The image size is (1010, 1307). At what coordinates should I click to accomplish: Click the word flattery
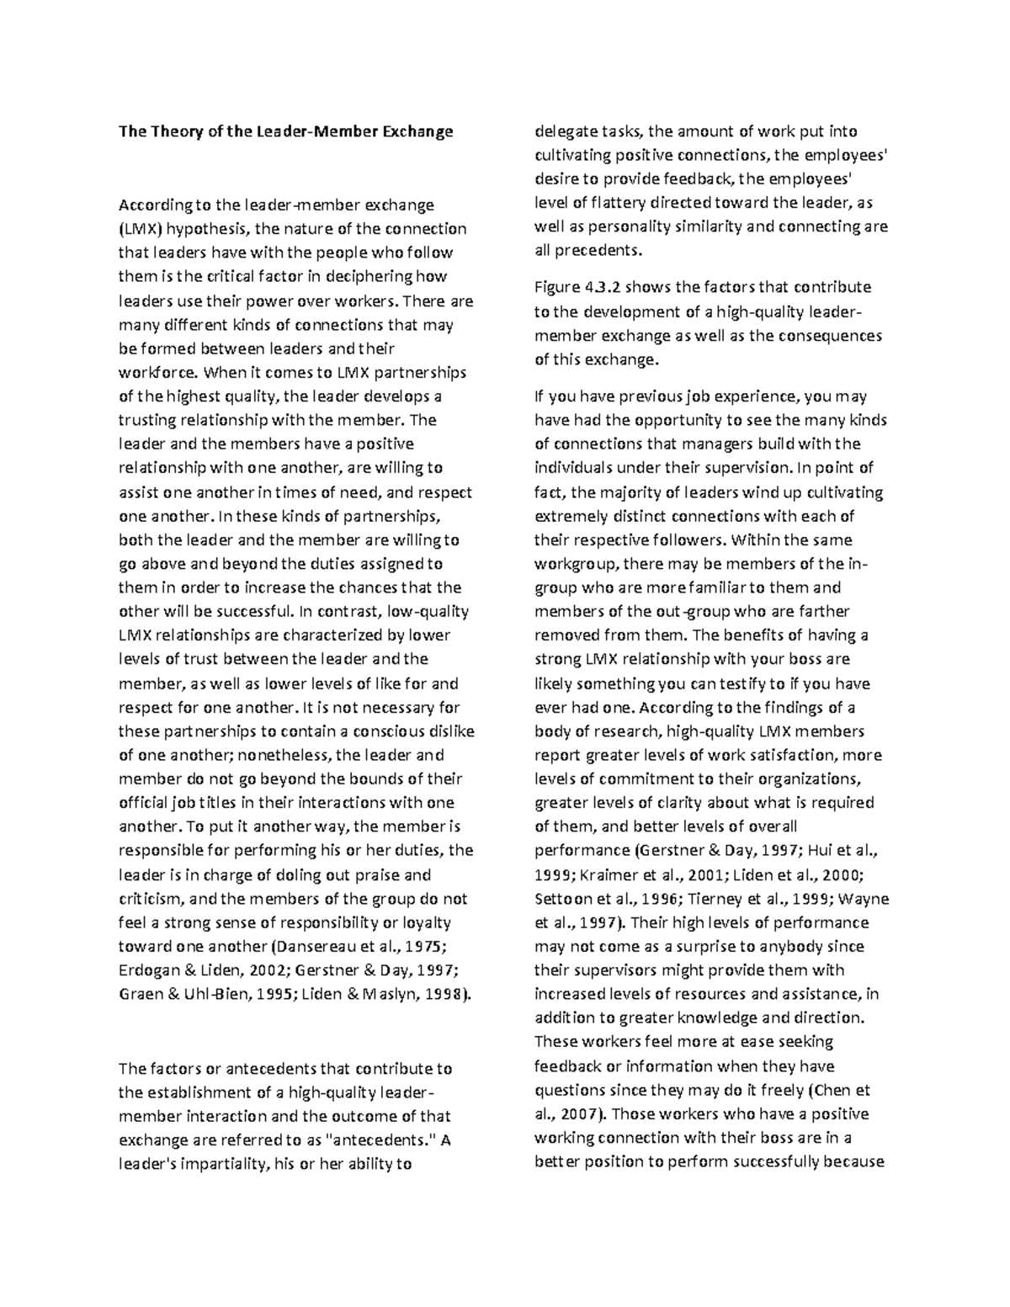coord(625,203)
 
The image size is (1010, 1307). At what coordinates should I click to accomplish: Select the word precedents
coord(598,251)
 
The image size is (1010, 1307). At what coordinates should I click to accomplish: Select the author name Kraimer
coord(603,875)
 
